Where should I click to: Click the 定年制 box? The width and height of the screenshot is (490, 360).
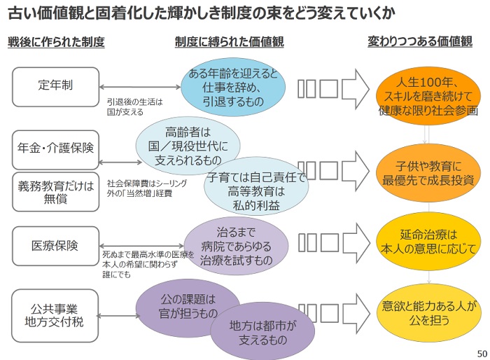pos(55,87)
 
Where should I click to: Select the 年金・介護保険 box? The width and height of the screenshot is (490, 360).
pos(55,150)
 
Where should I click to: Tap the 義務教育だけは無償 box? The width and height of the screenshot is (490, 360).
pos(55,192)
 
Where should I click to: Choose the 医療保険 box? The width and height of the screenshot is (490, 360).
pos(55,246)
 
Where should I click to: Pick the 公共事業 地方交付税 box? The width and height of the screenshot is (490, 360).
pos(55,316)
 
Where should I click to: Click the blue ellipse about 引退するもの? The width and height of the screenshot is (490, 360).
pos(233,87)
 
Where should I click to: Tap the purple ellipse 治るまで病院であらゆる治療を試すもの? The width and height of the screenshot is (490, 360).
pos(236,246)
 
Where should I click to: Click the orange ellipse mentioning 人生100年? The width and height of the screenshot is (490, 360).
pos(428,96)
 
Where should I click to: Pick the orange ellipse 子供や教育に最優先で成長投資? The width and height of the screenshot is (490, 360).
pos(428,173)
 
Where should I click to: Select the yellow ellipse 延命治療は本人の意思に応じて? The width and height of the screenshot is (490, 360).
pos(428,242)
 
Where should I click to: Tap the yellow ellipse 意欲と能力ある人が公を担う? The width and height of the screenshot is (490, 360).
pos(428,313)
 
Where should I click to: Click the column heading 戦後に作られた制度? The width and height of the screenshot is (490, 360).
pos(56,42)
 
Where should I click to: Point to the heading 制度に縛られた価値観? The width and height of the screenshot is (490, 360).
pos(230,42)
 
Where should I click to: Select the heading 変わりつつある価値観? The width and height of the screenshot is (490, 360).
pos(420,41)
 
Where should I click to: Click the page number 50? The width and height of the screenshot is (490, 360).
pos(482,354)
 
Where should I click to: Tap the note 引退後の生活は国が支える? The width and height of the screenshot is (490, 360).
pos(134,107)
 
